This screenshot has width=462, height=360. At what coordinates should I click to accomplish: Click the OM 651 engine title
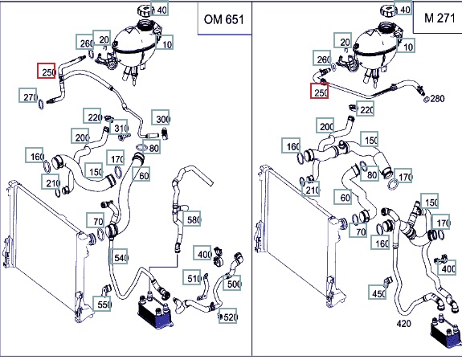(224, 20)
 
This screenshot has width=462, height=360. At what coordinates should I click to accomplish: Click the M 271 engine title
(440, 18)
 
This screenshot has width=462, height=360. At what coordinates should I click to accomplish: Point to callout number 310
(119, 127)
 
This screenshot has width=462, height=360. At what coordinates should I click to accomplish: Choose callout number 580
(192, 219)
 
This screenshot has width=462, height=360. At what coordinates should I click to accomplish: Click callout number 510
(192, 277)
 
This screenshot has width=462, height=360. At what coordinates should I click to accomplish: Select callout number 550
(102, 304)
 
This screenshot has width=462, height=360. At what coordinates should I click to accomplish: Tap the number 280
(437, 98)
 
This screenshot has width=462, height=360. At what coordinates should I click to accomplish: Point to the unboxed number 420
(403, 324)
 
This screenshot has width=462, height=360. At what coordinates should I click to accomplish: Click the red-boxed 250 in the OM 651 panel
(47, 71)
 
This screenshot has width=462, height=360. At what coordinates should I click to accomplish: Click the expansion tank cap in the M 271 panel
(387, 11)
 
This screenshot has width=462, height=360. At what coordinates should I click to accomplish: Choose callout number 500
(232, 283)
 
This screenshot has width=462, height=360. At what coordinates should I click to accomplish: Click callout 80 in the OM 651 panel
(151, 147)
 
